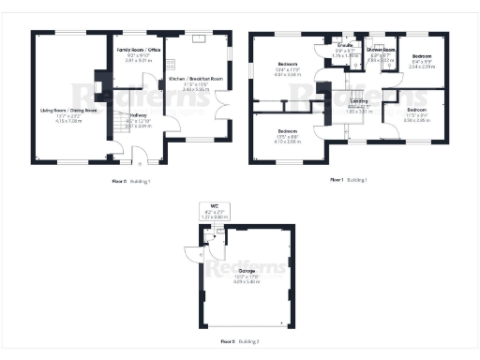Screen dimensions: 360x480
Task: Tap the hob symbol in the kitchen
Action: tap(171, 67)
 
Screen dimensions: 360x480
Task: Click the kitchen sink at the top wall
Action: tap(199, 39)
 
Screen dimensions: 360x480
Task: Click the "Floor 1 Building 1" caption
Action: tap(349, 178)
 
